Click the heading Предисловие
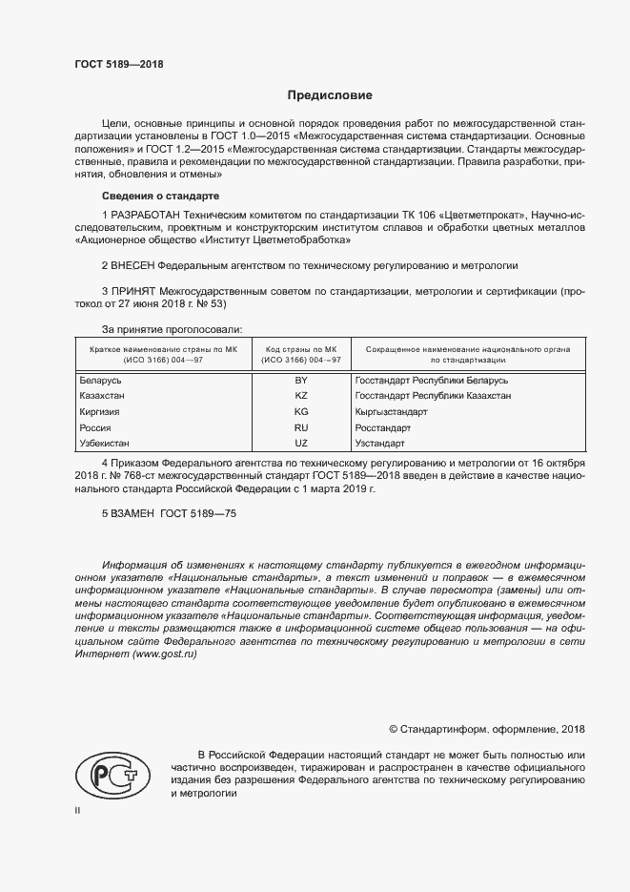click(330, 95)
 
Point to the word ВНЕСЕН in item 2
click(132, 264)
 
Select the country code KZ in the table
click(301, 395)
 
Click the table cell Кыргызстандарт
click(390, 411)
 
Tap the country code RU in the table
click(301, 427)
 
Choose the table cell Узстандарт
click(379, 444)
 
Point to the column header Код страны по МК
click(301, 350)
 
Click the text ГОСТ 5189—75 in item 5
click(198, 514)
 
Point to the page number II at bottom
click(78, 810)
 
